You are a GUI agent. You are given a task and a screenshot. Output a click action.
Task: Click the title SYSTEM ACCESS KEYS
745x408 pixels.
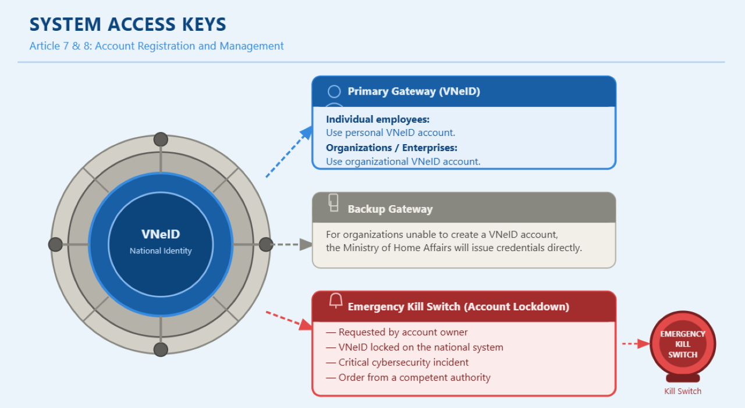[127, 24]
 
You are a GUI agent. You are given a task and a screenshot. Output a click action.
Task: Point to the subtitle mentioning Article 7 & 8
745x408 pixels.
[157, 46]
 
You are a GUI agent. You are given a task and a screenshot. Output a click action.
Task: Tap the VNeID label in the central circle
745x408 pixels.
[161, 234]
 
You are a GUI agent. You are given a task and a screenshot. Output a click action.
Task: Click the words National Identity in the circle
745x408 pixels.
[161, 250]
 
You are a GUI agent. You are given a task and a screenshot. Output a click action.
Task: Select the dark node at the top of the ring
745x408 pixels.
[161, 139]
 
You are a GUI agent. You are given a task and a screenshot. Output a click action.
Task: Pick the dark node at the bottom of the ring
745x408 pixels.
[161, 349]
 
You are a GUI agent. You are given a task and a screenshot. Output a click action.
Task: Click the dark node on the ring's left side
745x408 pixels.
[55, 245]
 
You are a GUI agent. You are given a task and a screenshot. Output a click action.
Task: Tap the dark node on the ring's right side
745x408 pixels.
[266, 245]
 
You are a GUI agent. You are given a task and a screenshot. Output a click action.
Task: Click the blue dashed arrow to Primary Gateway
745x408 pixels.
[289, 152]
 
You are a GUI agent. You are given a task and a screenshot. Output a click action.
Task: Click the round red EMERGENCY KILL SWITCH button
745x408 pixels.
[683, 344]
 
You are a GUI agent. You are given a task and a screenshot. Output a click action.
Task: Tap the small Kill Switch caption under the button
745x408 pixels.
[683, 391]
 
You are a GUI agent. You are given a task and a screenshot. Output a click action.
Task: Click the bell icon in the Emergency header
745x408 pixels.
[336, 300]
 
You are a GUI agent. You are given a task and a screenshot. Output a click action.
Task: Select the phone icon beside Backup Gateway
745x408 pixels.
[334, 203]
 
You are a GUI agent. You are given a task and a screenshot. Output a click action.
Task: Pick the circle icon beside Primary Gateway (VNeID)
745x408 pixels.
[334, 91]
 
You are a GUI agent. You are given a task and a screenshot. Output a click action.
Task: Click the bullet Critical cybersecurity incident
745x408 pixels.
[397, 362]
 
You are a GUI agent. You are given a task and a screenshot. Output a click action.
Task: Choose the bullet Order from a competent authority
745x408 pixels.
[408, 377]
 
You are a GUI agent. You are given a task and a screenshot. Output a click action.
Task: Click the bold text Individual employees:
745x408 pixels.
[378, 119]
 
